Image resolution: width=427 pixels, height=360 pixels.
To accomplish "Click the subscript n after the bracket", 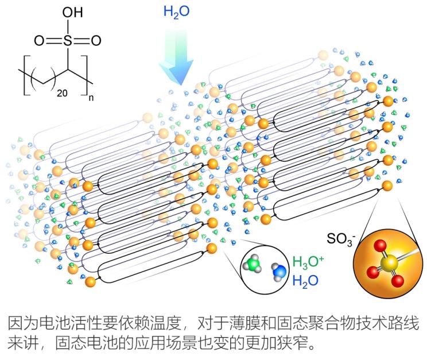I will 91,98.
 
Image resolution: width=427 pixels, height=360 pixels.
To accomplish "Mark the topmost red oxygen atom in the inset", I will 379,245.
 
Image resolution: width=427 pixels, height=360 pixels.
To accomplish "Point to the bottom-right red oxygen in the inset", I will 398,282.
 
